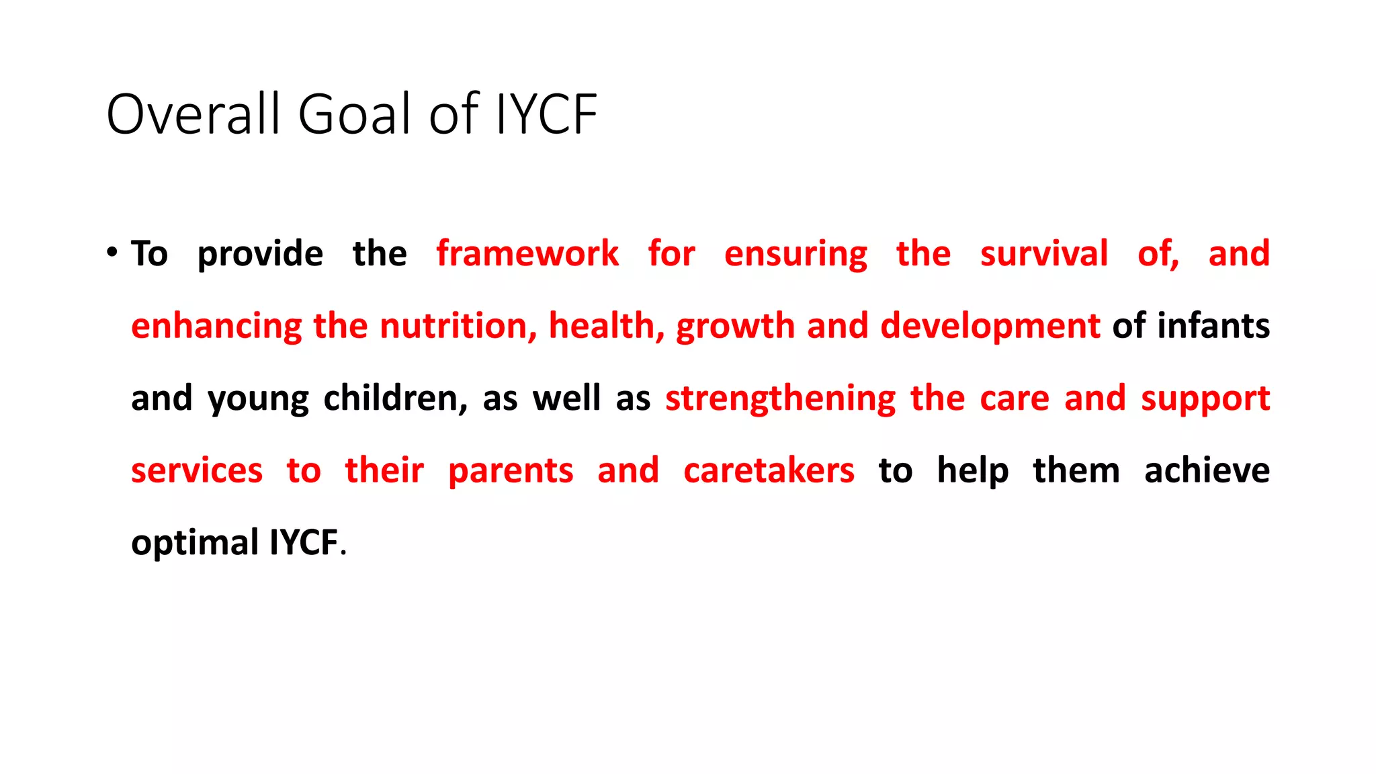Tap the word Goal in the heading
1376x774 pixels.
point(353,114)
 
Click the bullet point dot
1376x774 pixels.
point(112,253)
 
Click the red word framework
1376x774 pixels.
point(527,254)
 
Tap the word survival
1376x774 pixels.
point(1043,254)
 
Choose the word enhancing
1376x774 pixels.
point(216,327)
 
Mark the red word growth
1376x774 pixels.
point(735,327)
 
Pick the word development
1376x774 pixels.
point(990,327)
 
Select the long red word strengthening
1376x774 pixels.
point(780,399)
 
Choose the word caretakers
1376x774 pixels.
point(769,470)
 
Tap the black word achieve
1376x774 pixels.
point(1207,470)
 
